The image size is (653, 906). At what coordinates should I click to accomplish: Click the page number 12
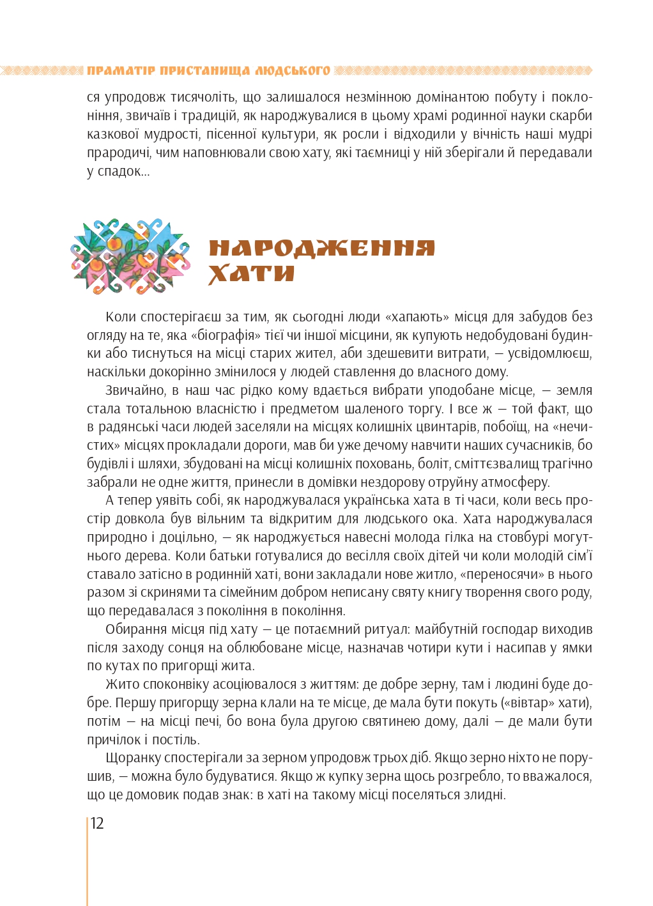click(97, 823)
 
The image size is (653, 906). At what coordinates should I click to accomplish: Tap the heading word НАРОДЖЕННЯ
click(321, 248)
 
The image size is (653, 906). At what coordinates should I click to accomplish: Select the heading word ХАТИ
click(251, 273)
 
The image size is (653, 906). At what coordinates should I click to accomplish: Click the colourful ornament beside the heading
click(130, 257)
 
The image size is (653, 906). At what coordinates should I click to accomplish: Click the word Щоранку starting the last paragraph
click(132, 758)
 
